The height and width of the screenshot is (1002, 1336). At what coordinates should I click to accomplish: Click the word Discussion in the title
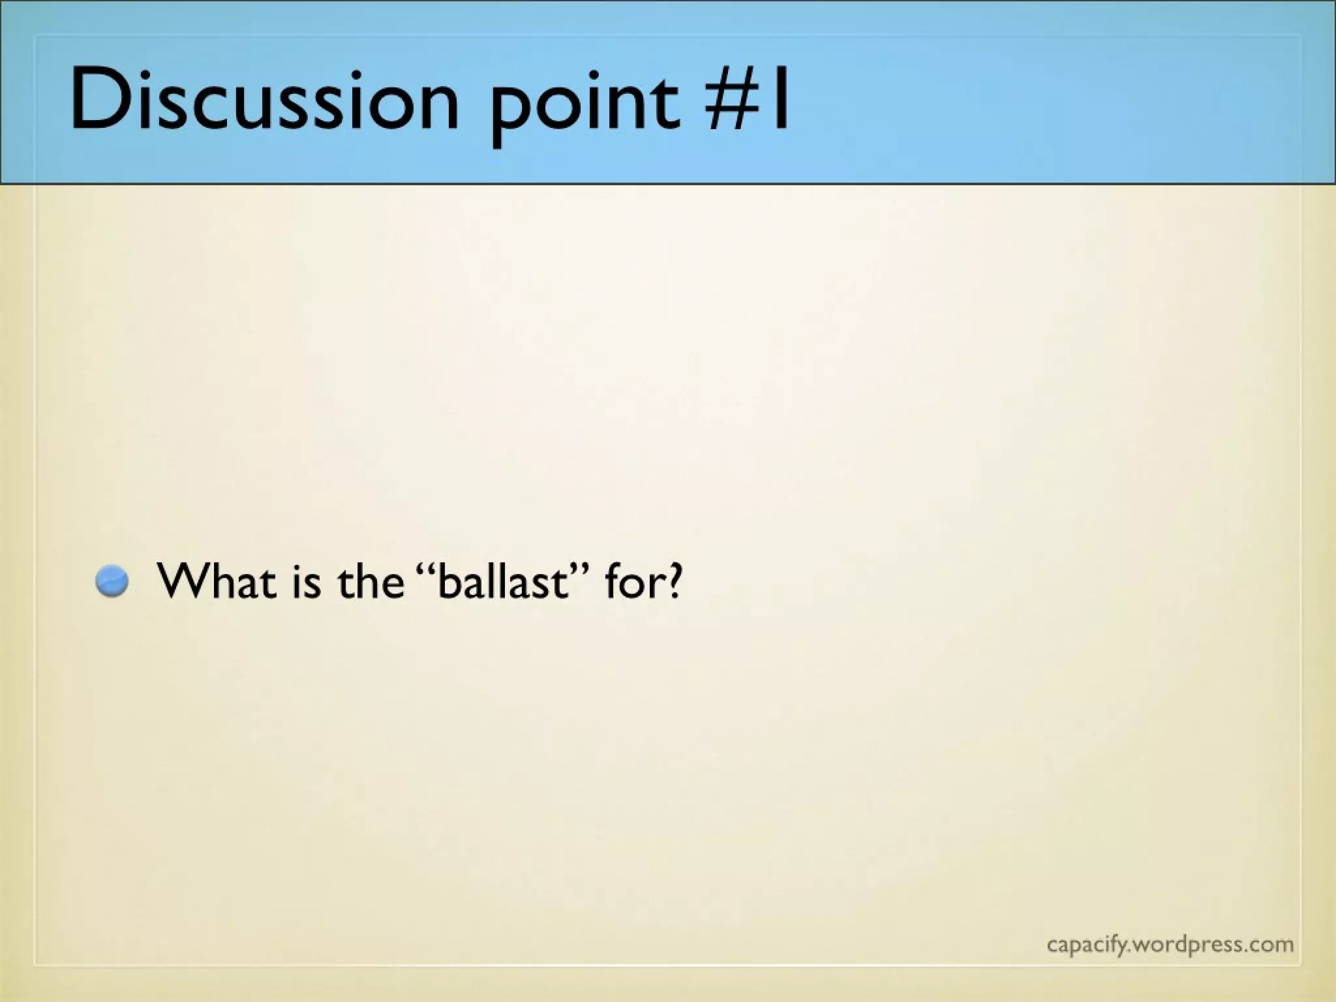pos(264,99)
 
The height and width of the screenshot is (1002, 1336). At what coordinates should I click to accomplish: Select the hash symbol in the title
pos(731,99)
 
